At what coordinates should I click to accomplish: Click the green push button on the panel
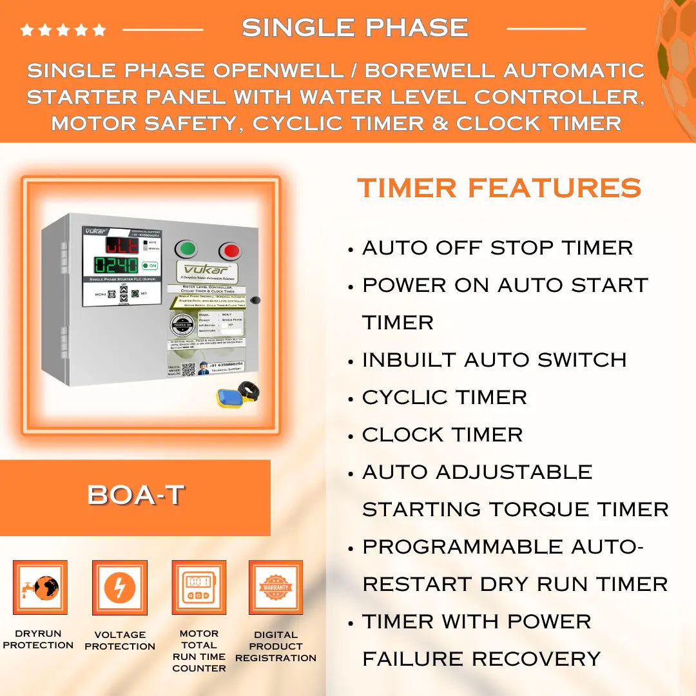[186, 249]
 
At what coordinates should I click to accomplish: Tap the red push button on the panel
[230, 251]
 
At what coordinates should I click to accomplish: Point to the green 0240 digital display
[117, 265]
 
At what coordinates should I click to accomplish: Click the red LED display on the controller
[121, 245]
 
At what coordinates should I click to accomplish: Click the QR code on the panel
[188, 370]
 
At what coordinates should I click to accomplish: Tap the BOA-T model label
[135, 495]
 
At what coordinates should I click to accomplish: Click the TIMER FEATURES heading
[499, 188]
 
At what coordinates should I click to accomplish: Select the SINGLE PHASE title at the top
[355, 28]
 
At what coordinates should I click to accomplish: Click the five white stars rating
[63, 30]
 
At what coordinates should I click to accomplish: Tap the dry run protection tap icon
[40, 587]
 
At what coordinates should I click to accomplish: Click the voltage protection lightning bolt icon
[120, 587]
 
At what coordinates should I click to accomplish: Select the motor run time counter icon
[198, 587]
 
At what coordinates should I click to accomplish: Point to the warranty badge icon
[276, 587]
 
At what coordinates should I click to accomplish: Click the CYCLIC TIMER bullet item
[444, 397]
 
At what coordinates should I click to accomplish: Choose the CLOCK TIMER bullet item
[442, 434]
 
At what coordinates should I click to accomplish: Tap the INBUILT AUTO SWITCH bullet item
[494, 360]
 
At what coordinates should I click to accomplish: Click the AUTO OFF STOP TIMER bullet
[497, 247]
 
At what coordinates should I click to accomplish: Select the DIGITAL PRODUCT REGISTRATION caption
[276, 646]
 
